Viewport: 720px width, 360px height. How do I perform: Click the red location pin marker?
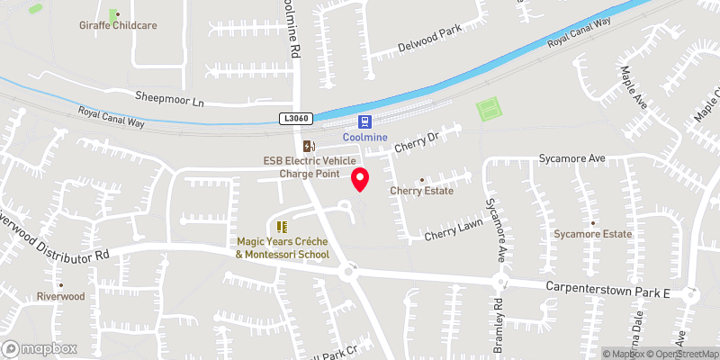point(360,178)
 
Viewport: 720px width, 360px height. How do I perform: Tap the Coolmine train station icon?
point(364,121)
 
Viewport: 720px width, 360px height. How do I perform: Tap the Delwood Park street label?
point(430,40)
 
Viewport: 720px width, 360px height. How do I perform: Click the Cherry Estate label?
point(421,191)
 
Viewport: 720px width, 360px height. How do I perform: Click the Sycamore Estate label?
point(593,234)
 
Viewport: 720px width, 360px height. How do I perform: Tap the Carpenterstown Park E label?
point(609,289)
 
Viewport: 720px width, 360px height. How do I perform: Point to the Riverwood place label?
point(60,296)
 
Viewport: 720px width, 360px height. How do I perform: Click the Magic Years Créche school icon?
point(281,227)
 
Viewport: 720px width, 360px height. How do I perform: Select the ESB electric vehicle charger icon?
point(309,146)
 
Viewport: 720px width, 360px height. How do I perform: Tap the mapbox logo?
point(40,348)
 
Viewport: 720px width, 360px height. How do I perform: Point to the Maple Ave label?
point(635,85)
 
